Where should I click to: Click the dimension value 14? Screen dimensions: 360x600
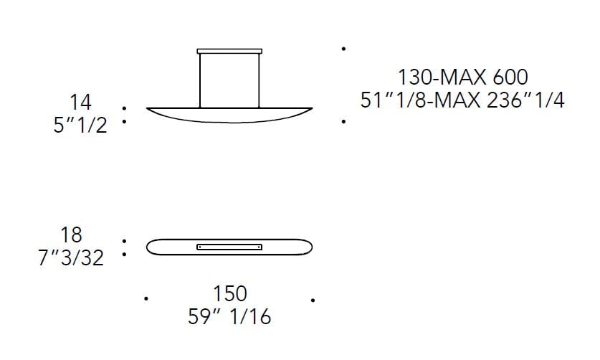(x=80, y=102)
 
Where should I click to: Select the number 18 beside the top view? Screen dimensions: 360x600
(x=72, y=235)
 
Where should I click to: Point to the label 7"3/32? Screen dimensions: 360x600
(x=71, y=257)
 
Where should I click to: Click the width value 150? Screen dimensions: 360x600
(x=229, y=293)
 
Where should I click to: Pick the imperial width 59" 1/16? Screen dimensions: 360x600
(x=229, y=316)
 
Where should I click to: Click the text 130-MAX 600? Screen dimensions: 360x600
(x=463, y=76)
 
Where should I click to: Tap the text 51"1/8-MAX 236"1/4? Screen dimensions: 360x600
(x=463, y=100)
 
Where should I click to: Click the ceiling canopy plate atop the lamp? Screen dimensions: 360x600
(x=229, y=51)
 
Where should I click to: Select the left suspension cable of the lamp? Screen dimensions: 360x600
(x=200, y=80)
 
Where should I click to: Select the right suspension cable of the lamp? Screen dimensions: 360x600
(x=259, y=80)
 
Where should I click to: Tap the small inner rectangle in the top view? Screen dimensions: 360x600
(x=229, y=247)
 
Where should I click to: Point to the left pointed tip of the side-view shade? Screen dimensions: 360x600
(x=148, y=109)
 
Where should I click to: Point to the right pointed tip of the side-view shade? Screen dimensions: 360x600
(x=310, y=109)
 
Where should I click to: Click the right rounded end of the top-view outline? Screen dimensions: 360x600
(x=309, y=247)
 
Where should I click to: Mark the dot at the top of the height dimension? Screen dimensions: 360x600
(x=345, y=49)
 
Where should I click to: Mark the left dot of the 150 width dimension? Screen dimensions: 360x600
(x=146, y=298)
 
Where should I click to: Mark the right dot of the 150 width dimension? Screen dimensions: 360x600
(x=313, y=298)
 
